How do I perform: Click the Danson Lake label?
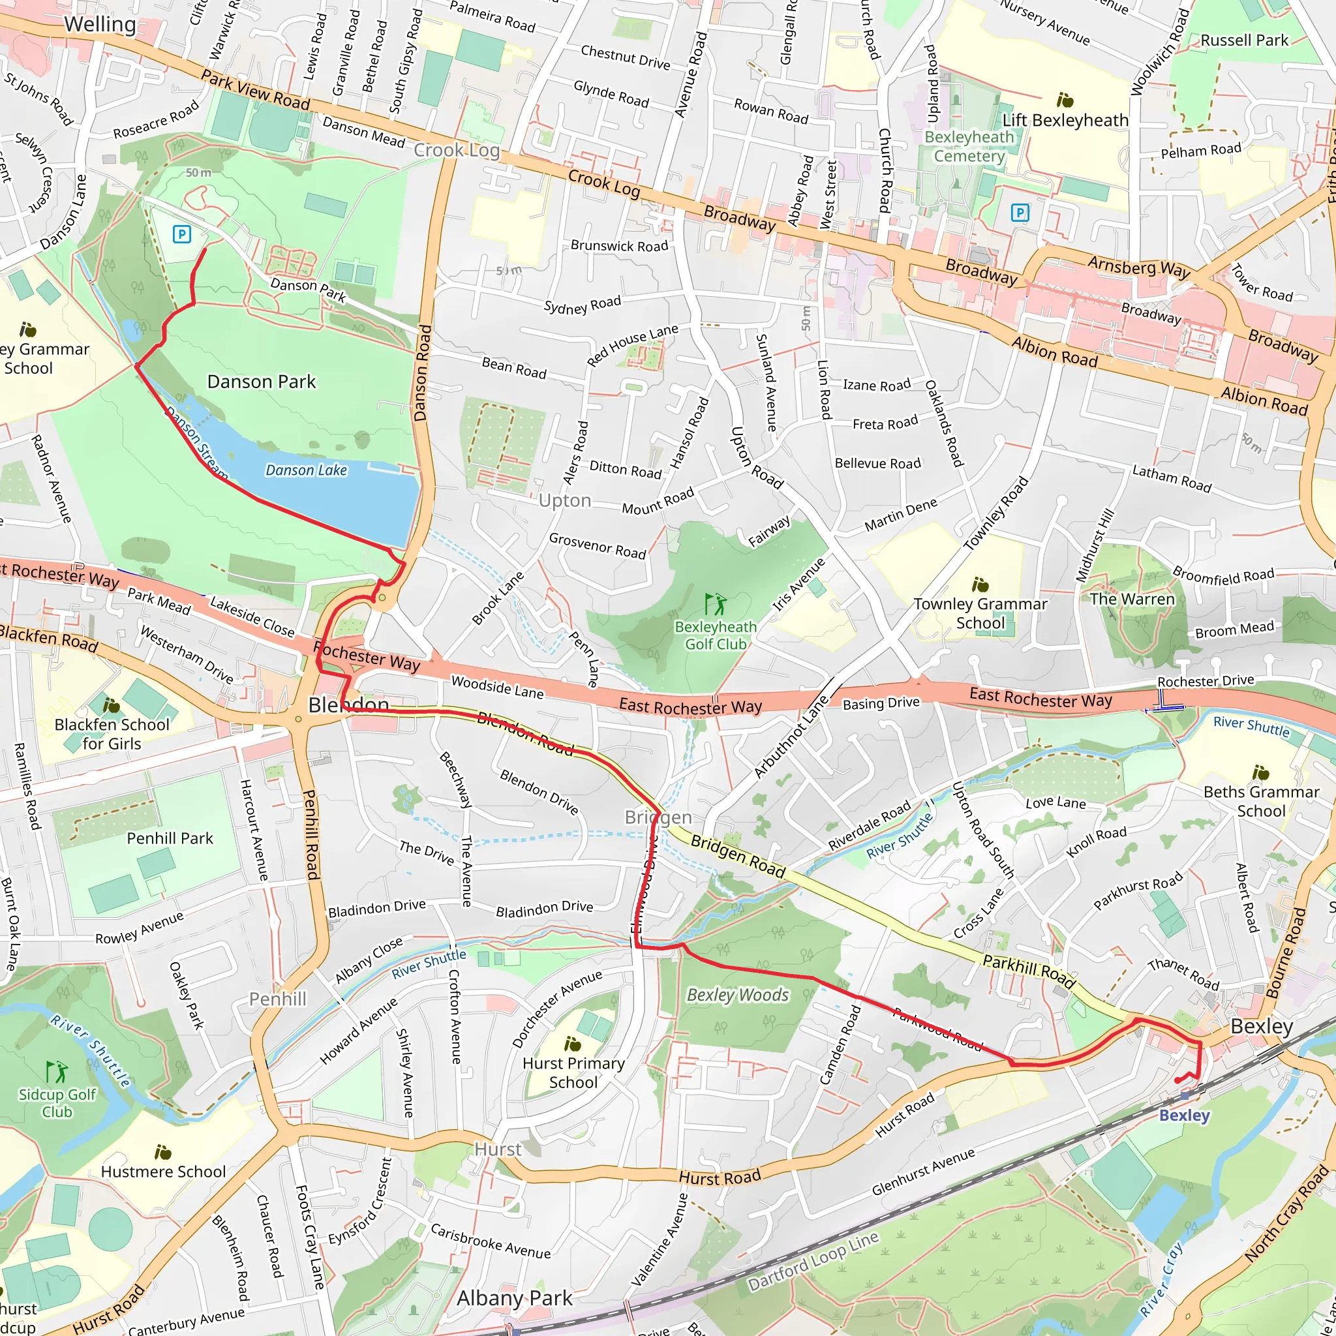pos(307,470)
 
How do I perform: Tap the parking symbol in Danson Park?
pos(181,234)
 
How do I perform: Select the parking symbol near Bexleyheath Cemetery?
pos(1020,212)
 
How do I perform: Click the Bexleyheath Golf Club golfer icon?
pos(715,603)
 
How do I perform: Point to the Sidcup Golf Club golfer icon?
pos(57,1072)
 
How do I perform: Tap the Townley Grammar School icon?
pos(980,585)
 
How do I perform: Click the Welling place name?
pos(100,24)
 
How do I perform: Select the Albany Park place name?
pos(515,1298)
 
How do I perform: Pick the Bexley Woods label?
pos(737,994)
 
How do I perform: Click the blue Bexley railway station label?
pos(1185,1116)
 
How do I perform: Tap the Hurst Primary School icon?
pos(573,1044)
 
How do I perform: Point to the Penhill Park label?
pos(170,838)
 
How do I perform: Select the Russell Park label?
pos(1244,40)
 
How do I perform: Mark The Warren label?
pos(1132,599)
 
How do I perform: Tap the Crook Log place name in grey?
pos(457,150)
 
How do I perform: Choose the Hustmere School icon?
pos(163,1152)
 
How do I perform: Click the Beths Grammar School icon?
pos(1260,772)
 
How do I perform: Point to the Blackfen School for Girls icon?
pos(112,705)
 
